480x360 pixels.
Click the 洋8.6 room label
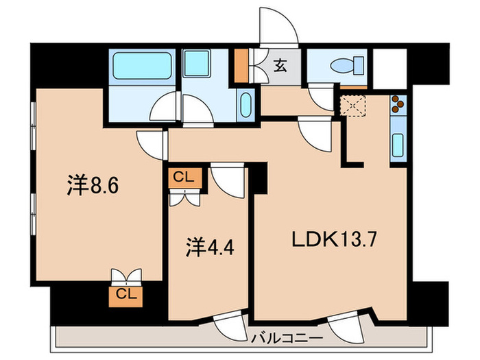96,185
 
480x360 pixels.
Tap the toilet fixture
340,67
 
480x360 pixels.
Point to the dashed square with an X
355,106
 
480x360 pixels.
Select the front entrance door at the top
278,27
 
